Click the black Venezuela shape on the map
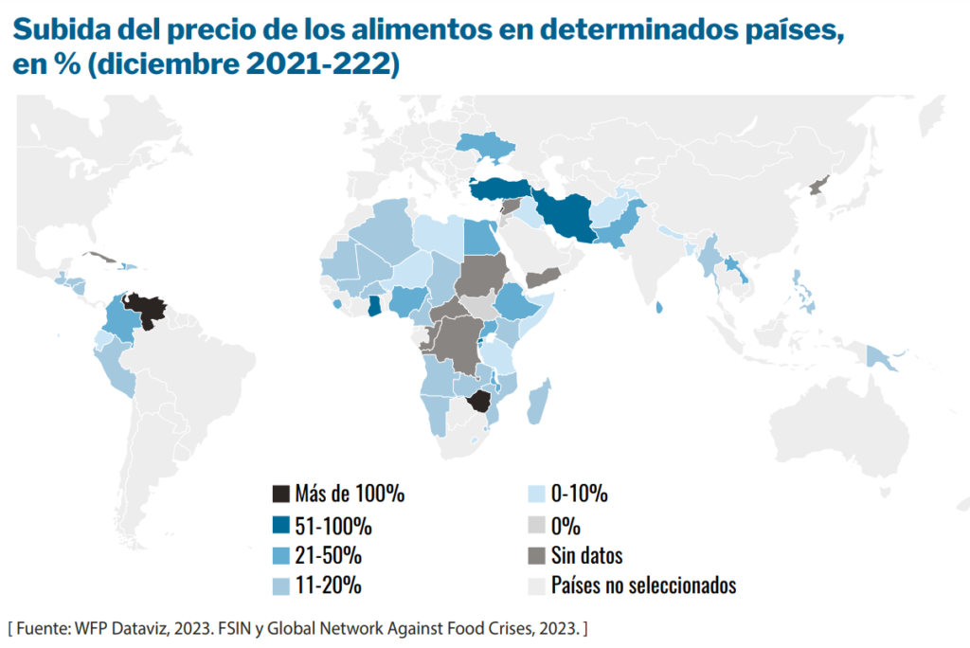[148, 307]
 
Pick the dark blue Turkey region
[498, 189]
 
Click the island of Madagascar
[537, 403]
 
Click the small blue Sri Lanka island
[659, 306]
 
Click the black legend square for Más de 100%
[280, 494]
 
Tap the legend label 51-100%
[333, 525]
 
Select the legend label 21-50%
[328, 555]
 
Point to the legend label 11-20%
[328, 585]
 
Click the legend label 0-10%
[579, 494]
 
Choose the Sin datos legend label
[586, 555]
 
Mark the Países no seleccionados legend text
[643, 585]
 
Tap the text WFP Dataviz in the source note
[114, 628]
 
